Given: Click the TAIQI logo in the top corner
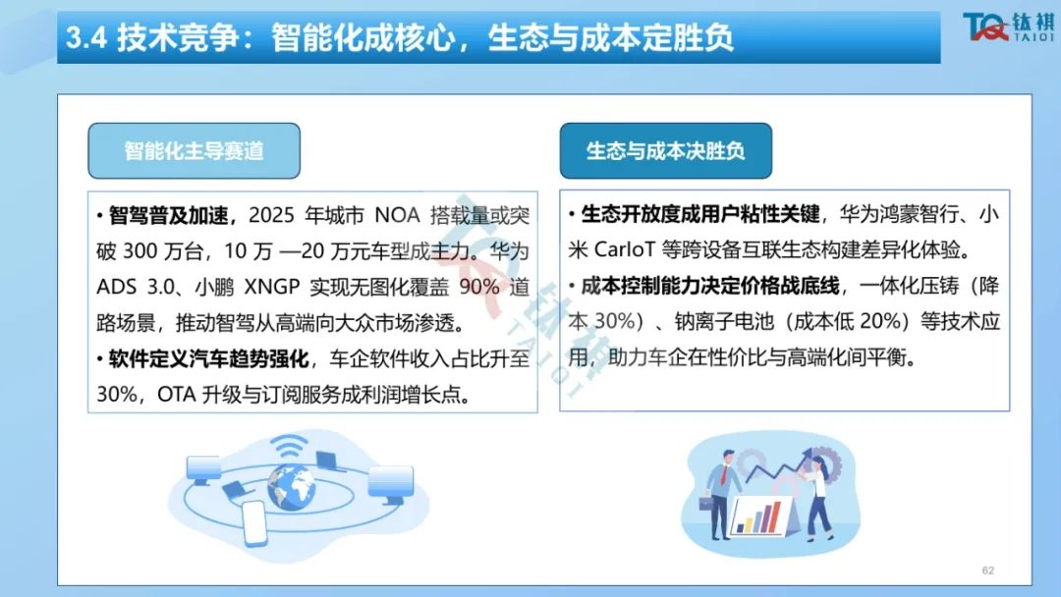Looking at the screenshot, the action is tap(1008, 27).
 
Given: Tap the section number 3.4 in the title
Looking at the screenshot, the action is tap(86, 37).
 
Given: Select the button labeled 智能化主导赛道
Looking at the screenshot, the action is tap(195, 151).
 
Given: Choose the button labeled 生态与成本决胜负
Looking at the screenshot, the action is tap(666, 151).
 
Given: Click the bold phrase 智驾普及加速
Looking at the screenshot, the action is tap(169, 216).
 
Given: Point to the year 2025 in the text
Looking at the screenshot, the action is tap(271, 216).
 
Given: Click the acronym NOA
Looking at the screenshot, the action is tap(397, 216).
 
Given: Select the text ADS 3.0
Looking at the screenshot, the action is tap(135, 287).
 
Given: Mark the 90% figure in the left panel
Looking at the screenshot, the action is tap(479, 287).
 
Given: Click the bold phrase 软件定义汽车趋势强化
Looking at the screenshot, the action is tap(208, 358).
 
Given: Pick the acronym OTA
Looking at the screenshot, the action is tap(176, 394).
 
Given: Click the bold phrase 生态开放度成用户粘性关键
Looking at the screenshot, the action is tap(700, 214).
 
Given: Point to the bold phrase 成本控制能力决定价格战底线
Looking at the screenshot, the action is tap(710, 286).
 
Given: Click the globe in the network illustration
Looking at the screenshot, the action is tap(291, 485).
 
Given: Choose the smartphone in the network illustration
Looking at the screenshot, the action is tap(254, 522).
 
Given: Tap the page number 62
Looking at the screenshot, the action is tap(988, 570).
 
